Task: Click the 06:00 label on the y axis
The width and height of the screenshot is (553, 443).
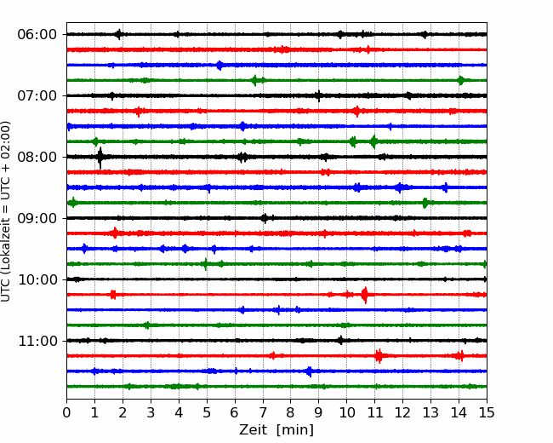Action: pos(37,35)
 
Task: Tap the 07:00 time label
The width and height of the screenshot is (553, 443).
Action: pos(37,95)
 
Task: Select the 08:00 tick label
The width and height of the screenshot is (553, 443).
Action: pos(37,157)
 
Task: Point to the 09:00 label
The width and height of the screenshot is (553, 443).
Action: pos(37,218)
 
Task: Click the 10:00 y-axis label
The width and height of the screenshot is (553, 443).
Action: pos(37,279)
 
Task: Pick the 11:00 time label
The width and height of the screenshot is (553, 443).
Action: pos(37,341)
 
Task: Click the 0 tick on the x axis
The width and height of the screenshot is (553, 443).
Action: pos(66,412)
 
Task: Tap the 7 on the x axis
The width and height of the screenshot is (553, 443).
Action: pos(263,412)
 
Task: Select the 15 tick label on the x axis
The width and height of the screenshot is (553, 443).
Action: pos(487,412)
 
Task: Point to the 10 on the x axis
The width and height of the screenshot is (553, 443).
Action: pos(346,412)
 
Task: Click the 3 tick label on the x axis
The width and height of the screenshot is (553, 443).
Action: pos(151,412)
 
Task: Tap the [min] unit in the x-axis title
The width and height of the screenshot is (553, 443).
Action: pos(295,430)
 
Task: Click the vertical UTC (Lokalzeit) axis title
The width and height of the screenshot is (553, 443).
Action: pos(6,211)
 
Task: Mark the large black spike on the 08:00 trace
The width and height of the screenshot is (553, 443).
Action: pos(100,158)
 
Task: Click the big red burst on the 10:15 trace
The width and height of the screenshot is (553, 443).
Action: pos(365,295)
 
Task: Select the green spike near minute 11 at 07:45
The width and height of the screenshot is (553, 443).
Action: pos(373,141)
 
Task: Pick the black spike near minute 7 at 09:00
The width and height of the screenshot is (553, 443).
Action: pos(265,218)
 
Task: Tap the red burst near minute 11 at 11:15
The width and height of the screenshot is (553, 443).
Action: pos(379,356)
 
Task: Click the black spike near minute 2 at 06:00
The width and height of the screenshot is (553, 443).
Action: pos(119,34)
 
